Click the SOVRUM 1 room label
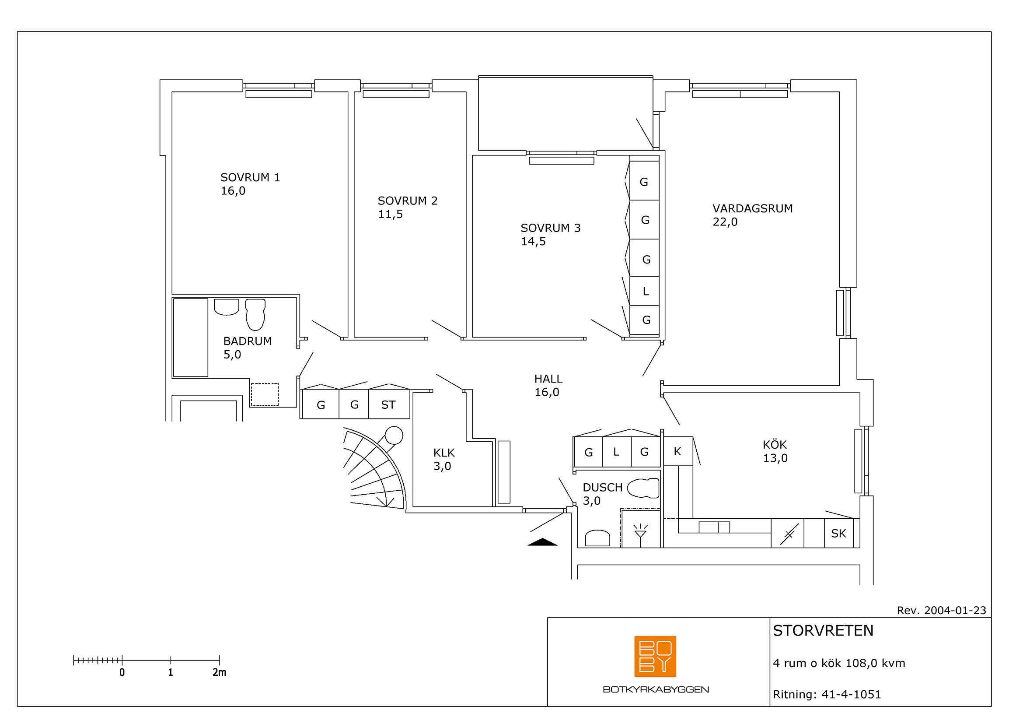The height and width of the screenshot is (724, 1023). [x=250, y=177]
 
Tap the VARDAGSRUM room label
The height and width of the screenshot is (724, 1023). [x=753, y=209]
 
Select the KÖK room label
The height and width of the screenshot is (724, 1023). [x=775, y=444]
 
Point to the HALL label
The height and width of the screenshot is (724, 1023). [x=548, y=379]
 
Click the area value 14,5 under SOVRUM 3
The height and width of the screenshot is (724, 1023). [x=533, y=242]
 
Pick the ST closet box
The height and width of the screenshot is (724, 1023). [x=389, y=404]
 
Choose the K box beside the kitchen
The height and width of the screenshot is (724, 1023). [x=677, y=451]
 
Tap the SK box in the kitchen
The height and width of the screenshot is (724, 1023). [x=838, y=533]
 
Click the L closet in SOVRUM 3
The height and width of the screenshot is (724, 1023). [x=644, y=291]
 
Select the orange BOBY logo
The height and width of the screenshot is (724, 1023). [x=655, y=656]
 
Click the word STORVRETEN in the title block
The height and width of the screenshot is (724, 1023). [x=823, y=631]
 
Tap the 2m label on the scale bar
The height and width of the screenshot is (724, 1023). [x=219, y=672]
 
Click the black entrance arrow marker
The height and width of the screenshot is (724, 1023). [x=542, y=542]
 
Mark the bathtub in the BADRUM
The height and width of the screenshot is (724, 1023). [x=191, y=337]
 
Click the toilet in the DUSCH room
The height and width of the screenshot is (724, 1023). [x=643, y=488]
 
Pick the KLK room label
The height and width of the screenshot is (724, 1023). [x=444, y=453]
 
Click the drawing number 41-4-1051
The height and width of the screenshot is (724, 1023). [x=851, y=695]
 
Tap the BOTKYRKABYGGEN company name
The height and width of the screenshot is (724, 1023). [x=656, y=690]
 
